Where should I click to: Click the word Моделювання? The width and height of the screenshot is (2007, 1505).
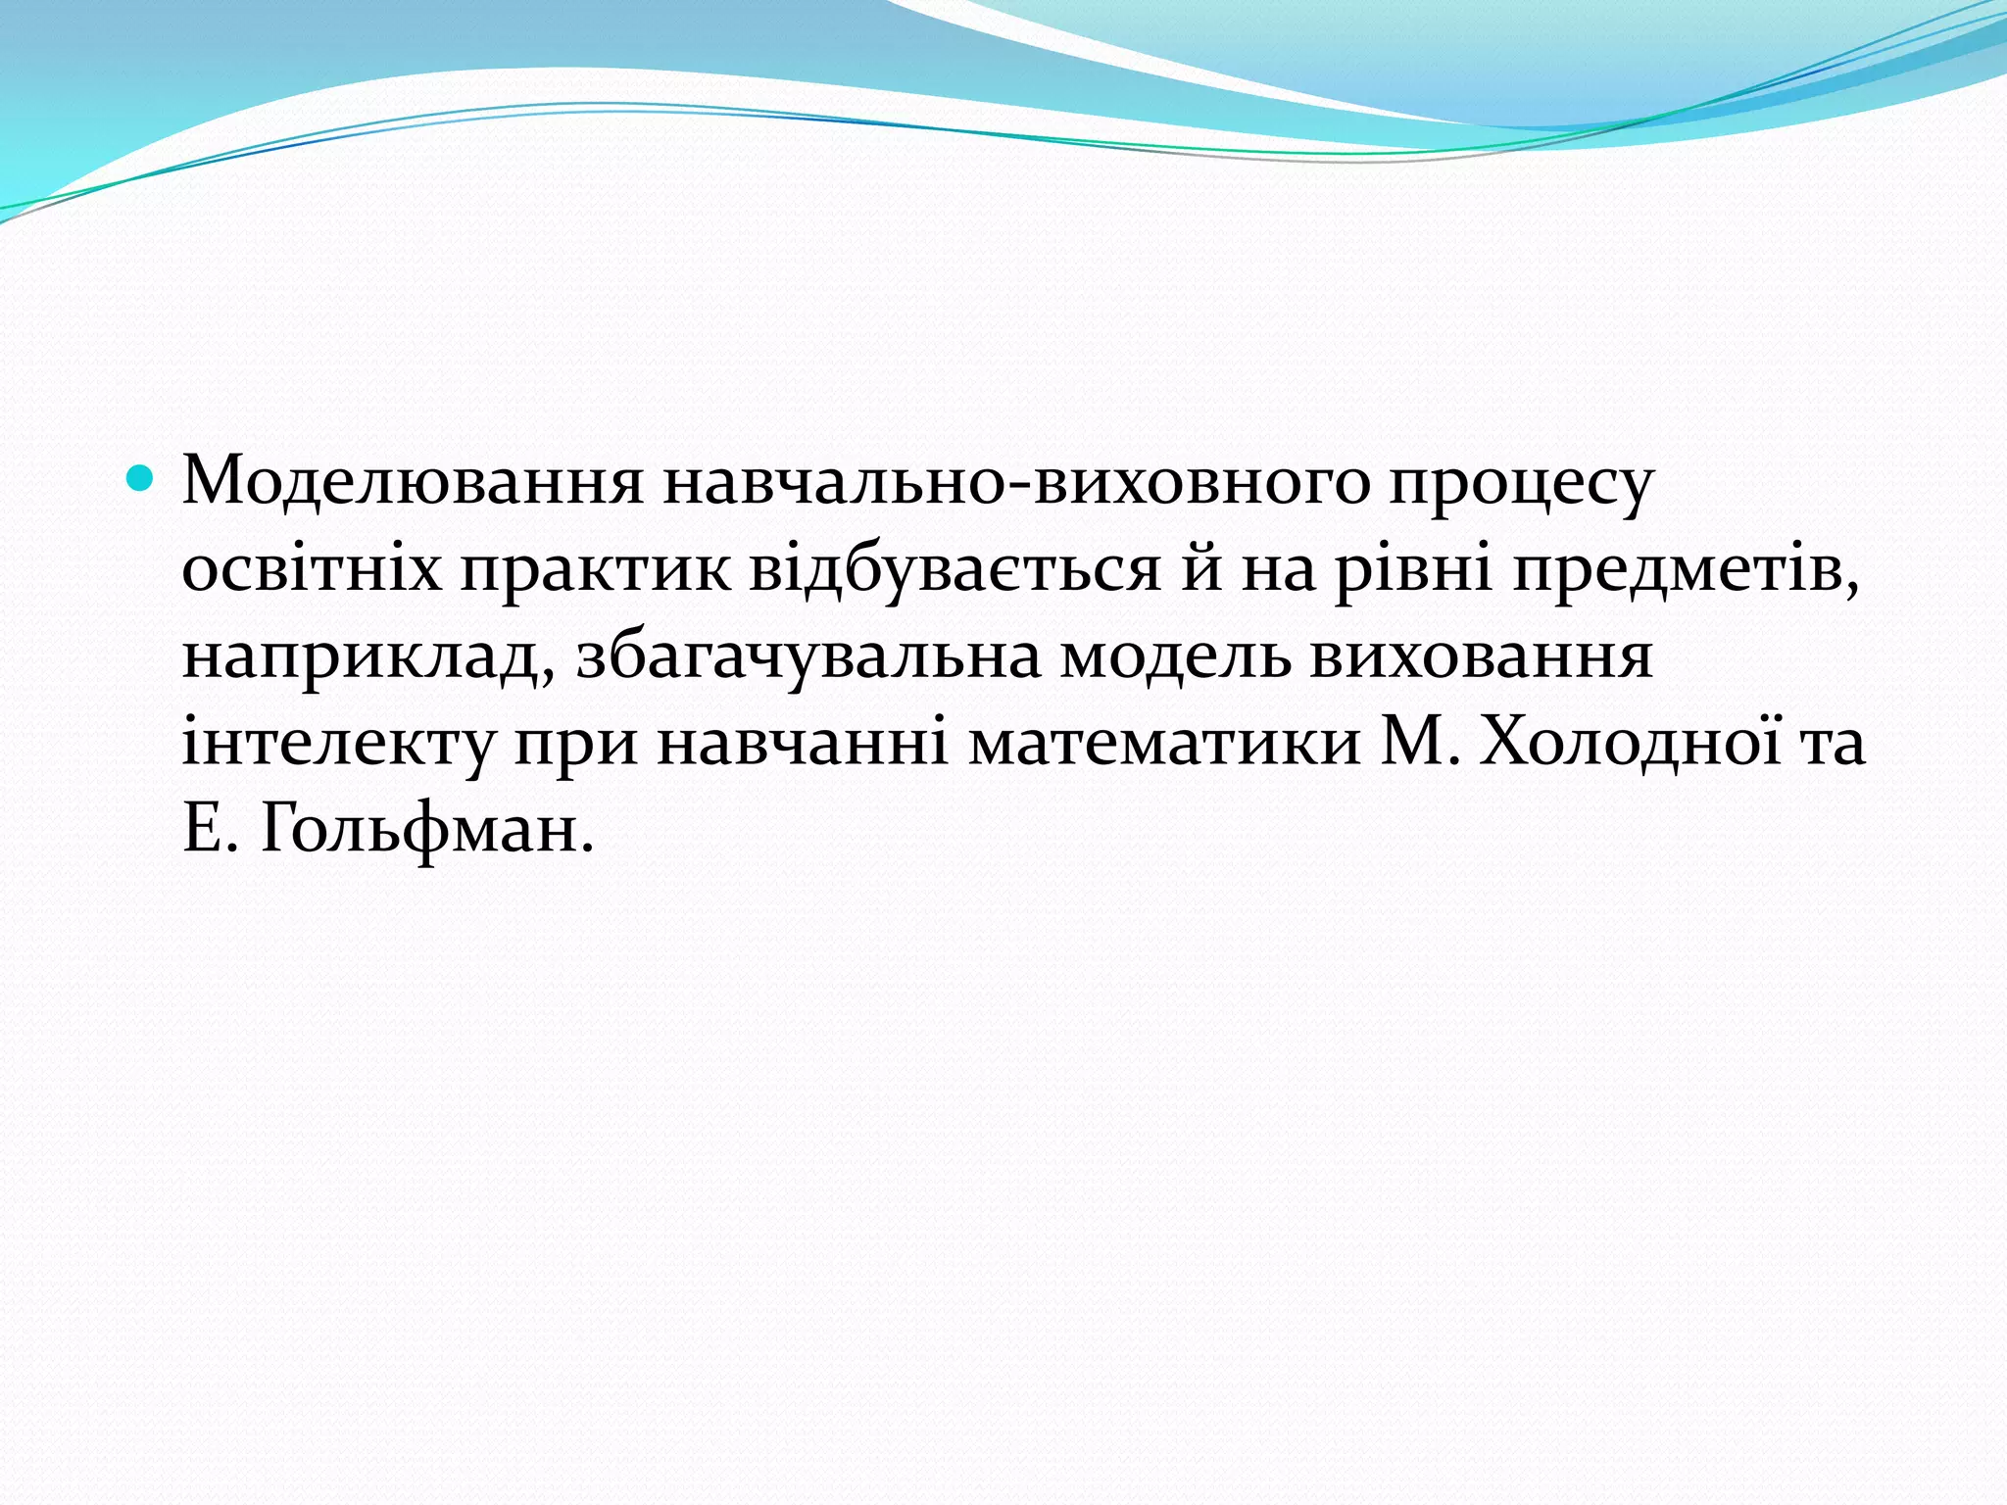[x=413, y=483]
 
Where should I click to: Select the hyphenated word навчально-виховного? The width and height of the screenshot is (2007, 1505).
[x=1015, y=483]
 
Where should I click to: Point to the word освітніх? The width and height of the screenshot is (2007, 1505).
[x=312, y=569]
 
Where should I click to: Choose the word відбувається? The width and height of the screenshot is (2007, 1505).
[x=955, y=569]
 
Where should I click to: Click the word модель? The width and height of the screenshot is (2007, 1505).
[x=1177, y=657]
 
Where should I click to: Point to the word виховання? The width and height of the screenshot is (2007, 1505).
[x=1481, y=655]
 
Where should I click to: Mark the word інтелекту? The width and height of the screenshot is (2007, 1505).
[x=339, y=743]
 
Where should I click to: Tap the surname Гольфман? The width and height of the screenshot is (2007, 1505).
[x=427, y=831]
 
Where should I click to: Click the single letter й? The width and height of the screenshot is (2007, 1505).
[x=1201, y=569]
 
